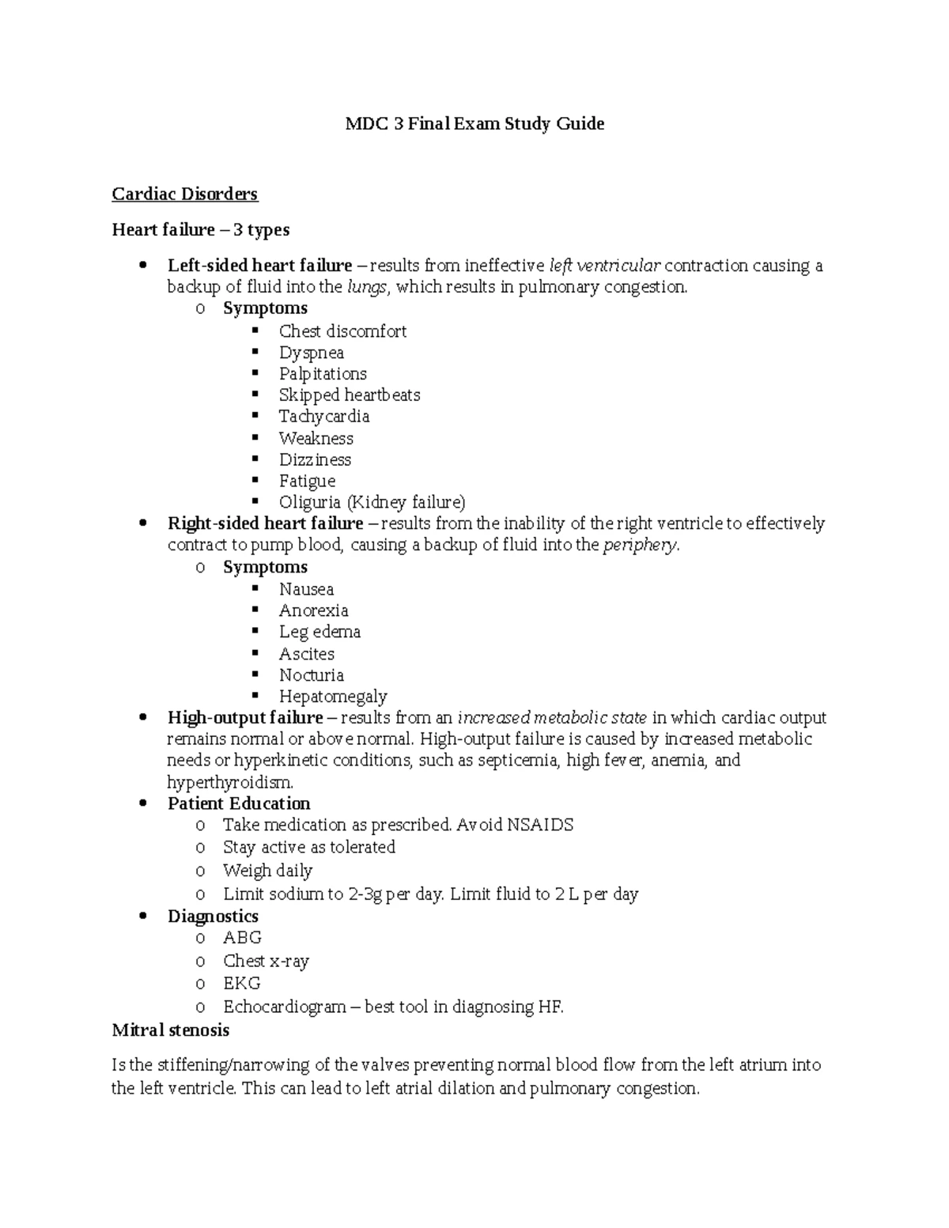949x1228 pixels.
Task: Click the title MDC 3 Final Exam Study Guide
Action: click(x=475, y=123)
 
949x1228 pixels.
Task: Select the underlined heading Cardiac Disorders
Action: click(x=185, y=194)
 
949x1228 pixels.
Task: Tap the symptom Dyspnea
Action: click(x=311, y=353)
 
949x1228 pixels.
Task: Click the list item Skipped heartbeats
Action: click(x=349, y=395)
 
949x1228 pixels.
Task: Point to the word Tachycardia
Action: click(x=323, y=416)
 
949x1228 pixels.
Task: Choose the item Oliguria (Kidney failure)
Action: click(x=372, y=502)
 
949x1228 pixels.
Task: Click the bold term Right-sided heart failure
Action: click(x=265, y=523)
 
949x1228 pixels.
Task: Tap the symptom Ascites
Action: click(x=306, y=654)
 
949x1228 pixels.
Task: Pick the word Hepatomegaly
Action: click(x=332, y=697)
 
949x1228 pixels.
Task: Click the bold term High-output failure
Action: click(x=245, y=718)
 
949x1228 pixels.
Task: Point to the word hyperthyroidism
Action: click(x=229, y=782)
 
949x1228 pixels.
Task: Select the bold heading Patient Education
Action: click(x=239, y=803)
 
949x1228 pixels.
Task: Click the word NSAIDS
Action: click(x=540, y=825)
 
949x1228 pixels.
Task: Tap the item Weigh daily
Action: click(x=267, y=871)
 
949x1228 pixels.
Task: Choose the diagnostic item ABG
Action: click(x=242, y=938)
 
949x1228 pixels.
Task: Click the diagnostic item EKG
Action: click(x=241, y=983)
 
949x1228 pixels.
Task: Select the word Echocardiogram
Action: click(x=285, y=1007)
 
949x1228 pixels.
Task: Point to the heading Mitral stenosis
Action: click(x=171, y=1030)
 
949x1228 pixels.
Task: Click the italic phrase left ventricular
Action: click(x=604, y=266)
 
